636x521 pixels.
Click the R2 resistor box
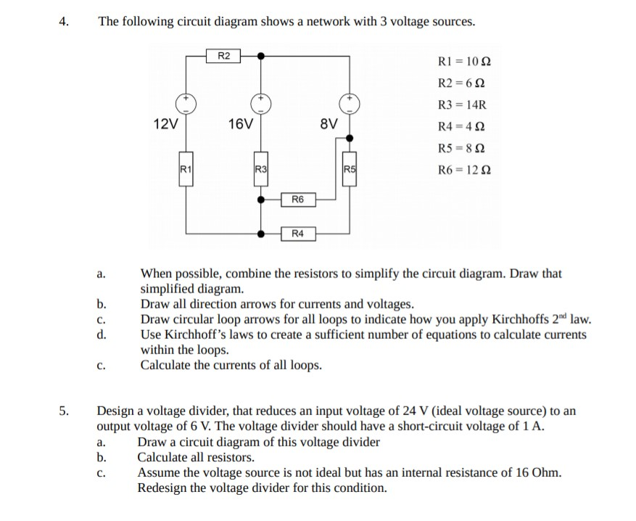pyautogui.click(x=224, y=54)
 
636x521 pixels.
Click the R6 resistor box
pyautogui.click(x=298, y=197)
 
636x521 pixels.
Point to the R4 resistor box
pyautogui.click(x=298, y=234)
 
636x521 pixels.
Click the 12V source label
pyautogui.click(x=167, y=123)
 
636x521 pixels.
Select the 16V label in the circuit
pyautogui.click(x=240, y=123)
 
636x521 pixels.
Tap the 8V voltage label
pyautogui.click(x=329, y=123)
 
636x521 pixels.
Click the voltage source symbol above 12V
pyautogui.click(x=186, y=102)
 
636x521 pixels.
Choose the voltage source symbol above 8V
pyautogui.click(x=351, y=102)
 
